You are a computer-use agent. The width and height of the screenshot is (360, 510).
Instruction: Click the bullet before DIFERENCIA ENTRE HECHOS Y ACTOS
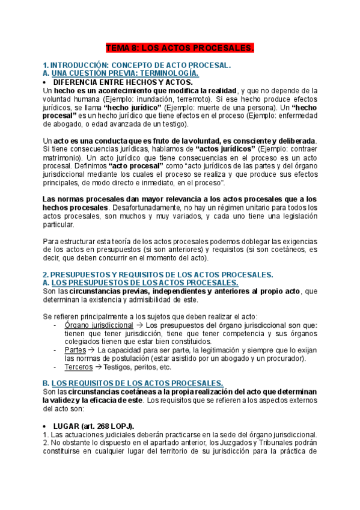coord(46,82)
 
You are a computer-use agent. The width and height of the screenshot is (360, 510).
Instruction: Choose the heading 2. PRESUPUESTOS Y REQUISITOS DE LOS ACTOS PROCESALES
coord(158,274)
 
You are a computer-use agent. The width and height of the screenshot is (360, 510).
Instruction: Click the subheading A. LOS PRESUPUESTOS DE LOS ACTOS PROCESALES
coord(141,283)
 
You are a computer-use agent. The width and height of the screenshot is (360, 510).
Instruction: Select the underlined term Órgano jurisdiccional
coord(99,325)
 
